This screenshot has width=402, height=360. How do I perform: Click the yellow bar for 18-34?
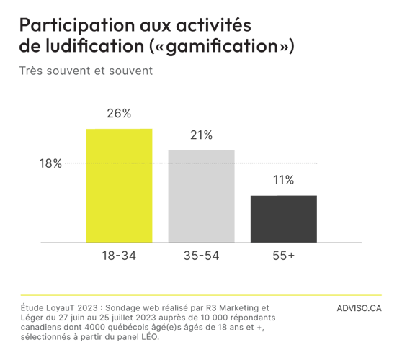(119, 185)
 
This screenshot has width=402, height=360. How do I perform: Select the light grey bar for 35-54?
(201, 196)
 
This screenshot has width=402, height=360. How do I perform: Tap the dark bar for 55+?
(283, 218)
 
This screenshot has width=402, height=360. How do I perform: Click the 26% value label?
(119, 114)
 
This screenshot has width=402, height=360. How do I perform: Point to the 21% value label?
(201, 135)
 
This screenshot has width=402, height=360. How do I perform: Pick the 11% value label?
(283, 181)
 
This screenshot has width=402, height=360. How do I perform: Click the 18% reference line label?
(50, 164)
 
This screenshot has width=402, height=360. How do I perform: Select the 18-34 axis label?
(120, 256)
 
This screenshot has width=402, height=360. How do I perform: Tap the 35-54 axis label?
(201, 256)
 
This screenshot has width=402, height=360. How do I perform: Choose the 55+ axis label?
(282, 256)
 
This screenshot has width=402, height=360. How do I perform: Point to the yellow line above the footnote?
(201, 295)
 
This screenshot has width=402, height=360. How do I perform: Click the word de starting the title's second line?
(30, 46)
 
